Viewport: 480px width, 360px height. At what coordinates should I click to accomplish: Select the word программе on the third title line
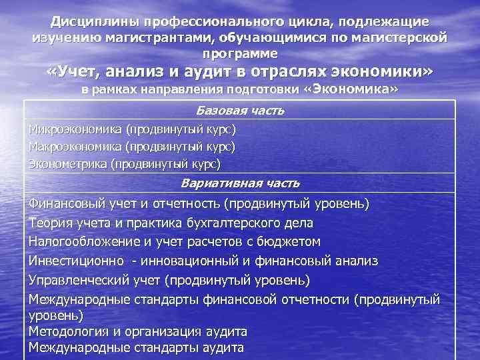[x=239, y=52]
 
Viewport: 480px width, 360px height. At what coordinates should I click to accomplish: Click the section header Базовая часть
[x=241, y=110]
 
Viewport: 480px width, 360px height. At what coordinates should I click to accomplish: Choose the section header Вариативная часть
[x=241, y=183]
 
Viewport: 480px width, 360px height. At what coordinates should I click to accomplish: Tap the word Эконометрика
[x=68, y=162]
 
